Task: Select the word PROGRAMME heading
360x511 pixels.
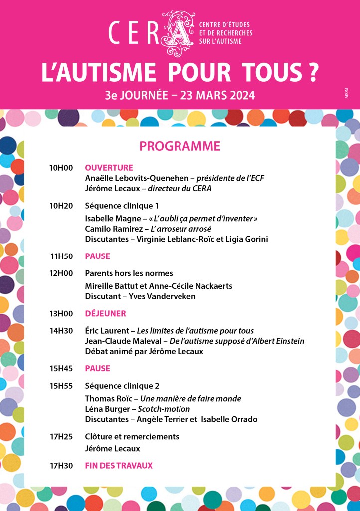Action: (x=180, y=146)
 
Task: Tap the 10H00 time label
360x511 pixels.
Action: (x=61, y=168)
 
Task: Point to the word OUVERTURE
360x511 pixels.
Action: (x=109, y=168)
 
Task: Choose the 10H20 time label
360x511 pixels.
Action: (x=61, y=205)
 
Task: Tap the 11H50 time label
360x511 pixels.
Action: (x=62, y=256)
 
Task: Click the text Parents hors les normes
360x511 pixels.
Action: (x=129, y=273)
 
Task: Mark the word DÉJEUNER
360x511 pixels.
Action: (x=105, y=313)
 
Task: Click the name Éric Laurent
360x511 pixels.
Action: (x=105, y=331)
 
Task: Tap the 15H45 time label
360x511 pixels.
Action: (x=61, y=368)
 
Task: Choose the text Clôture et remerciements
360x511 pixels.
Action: (x=132, y=437)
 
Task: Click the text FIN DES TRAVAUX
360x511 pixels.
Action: (x=119, y=466)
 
